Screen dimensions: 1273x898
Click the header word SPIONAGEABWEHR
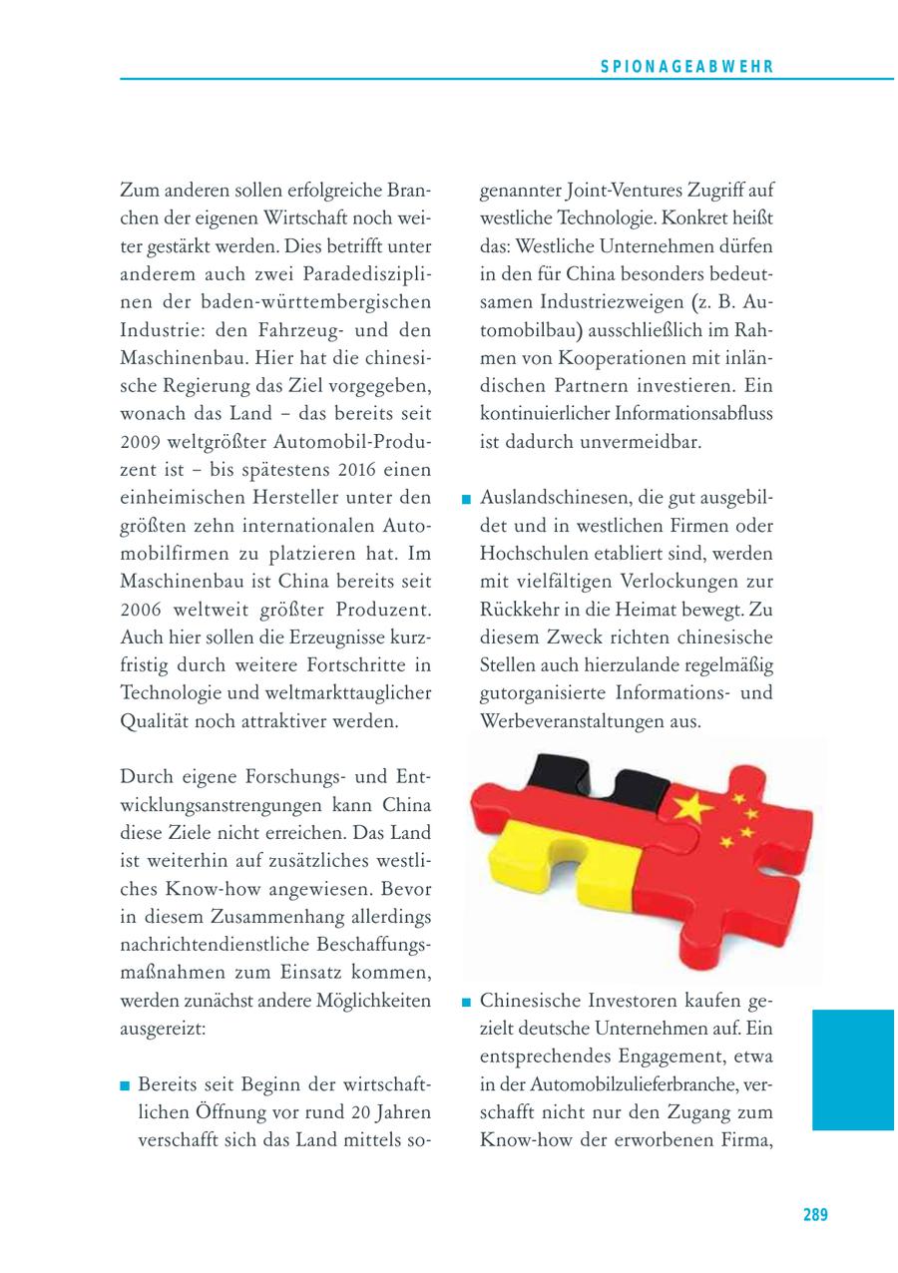pos(688,66)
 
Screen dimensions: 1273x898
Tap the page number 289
pos(815,1214)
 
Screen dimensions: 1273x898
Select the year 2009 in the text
pos(140,442)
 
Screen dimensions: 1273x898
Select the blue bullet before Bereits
pos(125,1084)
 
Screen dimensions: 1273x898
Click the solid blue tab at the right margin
pos(852,1068)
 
